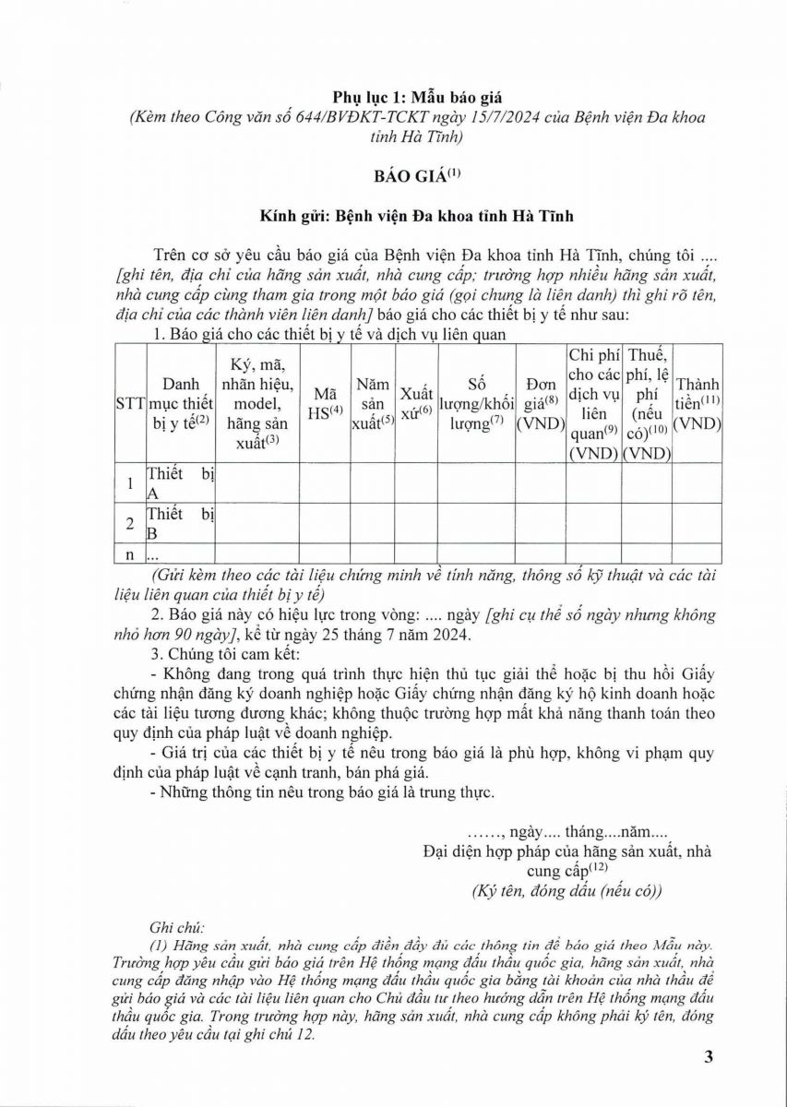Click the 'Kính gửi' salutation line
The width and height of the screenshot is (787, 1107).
click(416, 216)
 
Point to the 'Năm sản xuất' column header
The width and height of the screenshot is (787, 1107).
click(373, 403)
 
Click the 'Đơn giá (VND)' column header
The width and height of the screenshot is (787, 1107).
click(540, 403)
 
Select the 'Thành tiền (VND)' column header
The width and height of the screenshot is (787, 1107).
click(697, 403)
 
